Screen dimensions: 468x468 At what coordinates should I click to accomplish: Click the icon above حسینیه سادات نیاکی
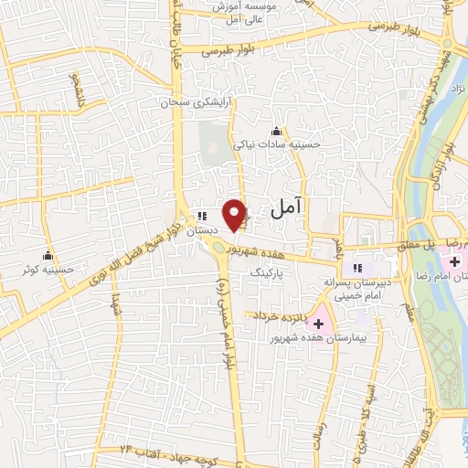[276, 131]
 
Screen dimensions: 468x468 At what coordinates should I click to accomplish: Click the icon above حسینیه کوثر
[48, 255]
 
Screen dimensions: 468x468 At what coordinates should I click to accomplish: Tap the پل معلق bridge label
[417, 245]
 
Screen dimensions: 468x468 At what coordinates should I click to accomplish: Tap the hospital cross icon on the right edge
[454, 262]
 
